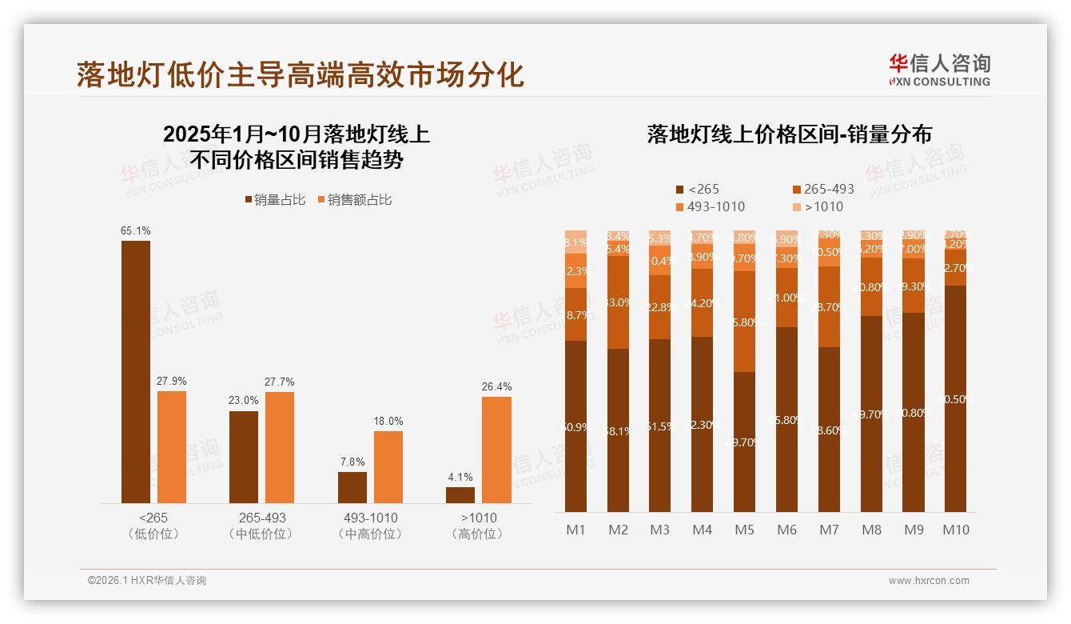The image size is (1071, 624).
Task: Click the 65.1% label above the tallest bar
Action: coord(136,231)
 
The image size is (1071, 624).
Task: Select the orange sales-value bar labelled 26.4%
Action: coord(496,450)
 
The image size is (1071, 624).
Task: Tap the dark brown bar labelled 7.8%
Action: coord(352,487)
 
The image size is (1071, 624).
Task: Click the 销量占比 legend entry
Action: coord(275,200)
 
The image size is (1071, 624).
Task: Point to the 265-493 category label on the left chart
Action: coord(261,518)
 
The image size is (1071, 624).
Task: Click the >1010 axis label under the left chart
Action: coord(478,518)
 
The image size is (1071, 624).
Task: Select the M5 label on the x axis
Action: coord(744,530)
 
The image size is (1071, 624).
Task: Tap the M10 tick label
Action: coord(955,530)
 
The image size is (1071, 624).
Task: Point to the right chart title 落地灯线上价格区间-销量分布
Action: coord(790,134)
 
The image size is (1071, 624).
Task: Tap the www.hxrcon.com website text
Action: coord(929,581)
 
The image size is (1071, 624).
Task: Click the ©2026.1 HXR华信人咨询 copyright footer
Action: coord(147,581)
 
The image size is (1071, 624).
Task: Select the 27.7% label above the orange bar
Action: coord(280,382)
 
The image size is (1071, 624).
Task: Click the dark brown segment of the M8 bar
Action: coord(871,414)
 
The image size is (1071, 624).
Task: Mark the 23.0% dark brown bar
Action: coord(244,457)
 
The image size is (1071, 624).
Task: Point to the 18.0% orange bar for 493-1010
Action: coord(388,467)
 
